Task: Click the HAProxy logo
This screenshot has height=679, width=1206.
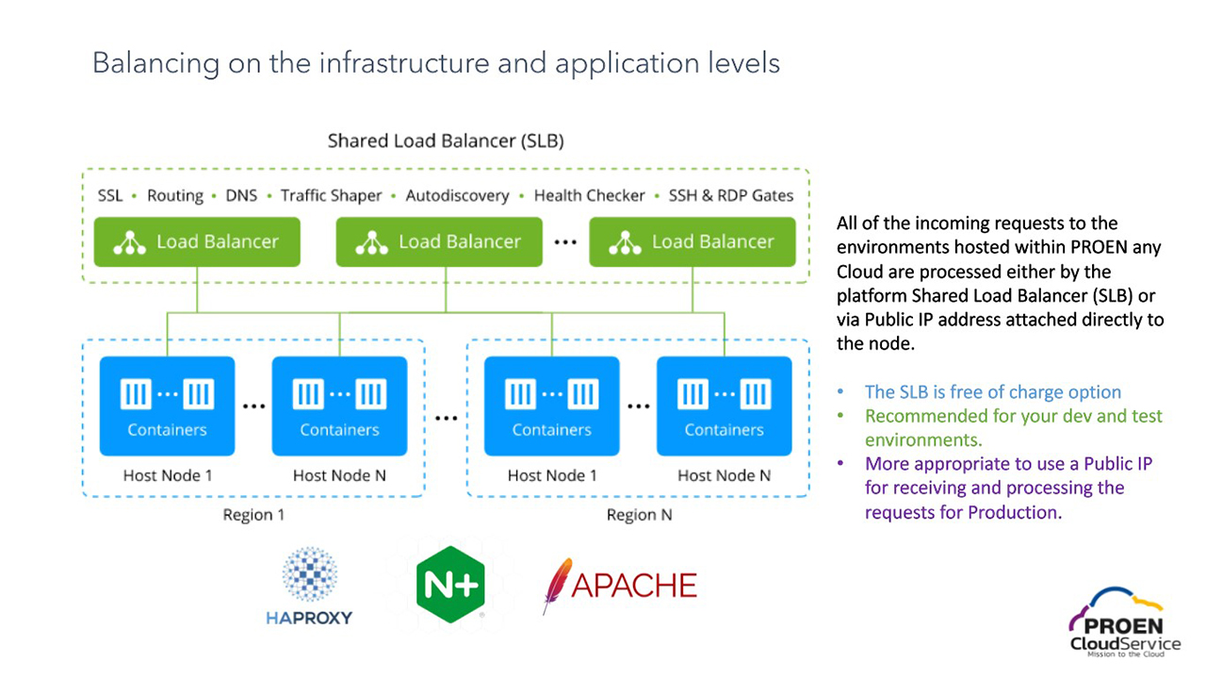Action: (309, 587)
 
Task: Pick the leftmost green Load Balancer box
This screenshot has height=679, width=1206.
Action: (197, 242)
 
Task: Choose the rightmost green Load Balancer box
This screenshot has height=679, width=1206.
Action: (693, 242)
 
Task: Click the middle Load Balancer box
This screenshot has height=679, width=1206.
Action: (439, 242)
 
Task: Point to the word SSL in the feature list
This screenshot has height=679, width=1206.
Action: (110, 196)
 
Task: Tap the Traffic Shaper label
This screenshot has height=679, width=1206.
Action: (331, 196)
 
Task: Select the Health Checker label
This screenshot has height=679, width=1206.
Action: (589, 196)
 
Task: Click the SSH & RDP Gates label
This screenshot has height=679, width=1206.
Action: (730, 196)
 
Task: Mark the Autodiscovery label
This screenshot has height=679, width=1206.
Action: (457, 196)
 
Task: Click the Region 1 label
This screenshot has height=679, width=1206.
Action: (253, 515)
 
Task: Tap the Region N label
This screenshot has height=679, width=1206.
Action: (639, 515)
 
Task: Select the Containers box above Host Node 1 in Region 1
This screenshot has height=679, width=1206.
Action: (167, 406)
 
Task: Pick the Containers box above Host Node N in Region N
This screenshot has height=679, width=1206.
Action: (724, 406)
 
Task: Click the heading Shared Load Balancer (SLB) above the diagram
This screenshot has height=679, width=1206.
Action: (446, 141)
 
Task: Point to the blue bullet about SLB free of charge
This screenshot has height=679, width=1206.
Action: (993, 392)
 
